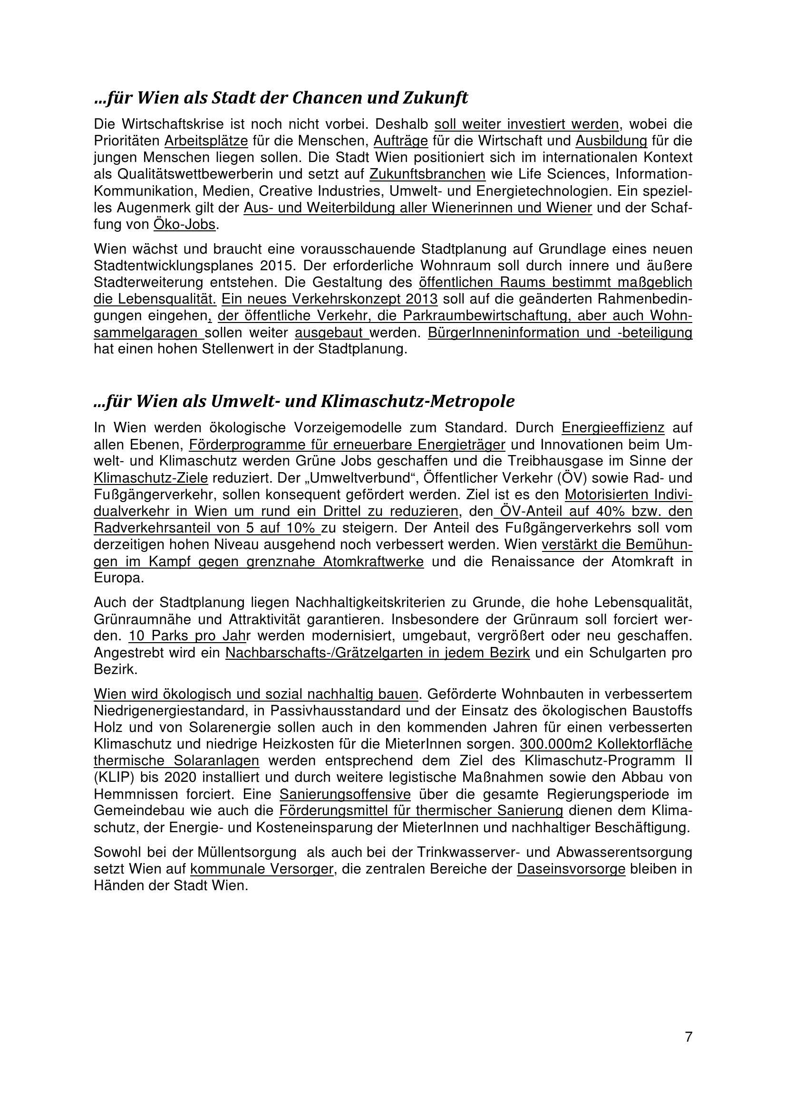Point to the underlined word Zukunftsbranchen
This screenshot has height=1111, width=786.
(x=427, y=174)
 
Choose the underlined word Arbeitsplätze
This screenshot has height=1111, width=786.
(x=206, y=141)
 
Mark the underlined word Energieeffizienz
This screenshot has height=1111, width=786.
(x=612, y=428)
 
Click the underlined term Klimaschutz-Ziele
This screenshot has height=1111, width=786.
(x=151, y=478)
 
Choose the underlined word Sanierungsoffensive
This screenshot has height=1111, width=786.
(x=345, y=795)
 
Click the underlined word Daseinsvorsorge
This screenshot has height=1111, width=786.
(x=571, y=869)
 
